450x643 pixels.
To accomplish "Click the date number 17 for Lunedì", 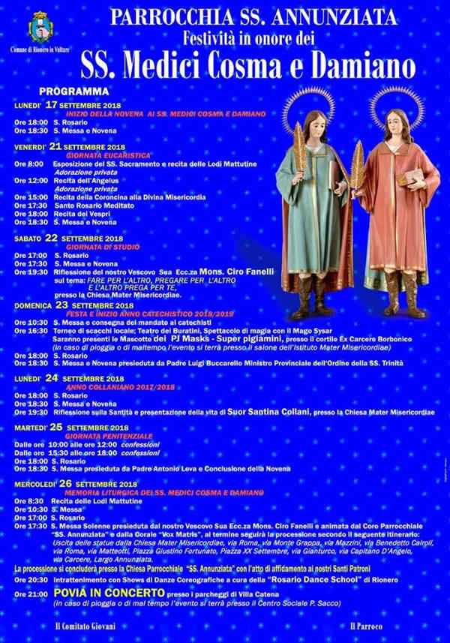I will tap(51, 104).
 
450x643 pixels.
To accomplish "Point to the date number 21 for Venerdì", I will tap(55, 146).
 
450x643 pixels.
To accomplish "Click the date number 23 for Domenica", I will tap(62, 305).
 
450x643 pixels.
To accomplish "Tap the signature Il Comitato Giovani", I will tap(88, 625).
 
